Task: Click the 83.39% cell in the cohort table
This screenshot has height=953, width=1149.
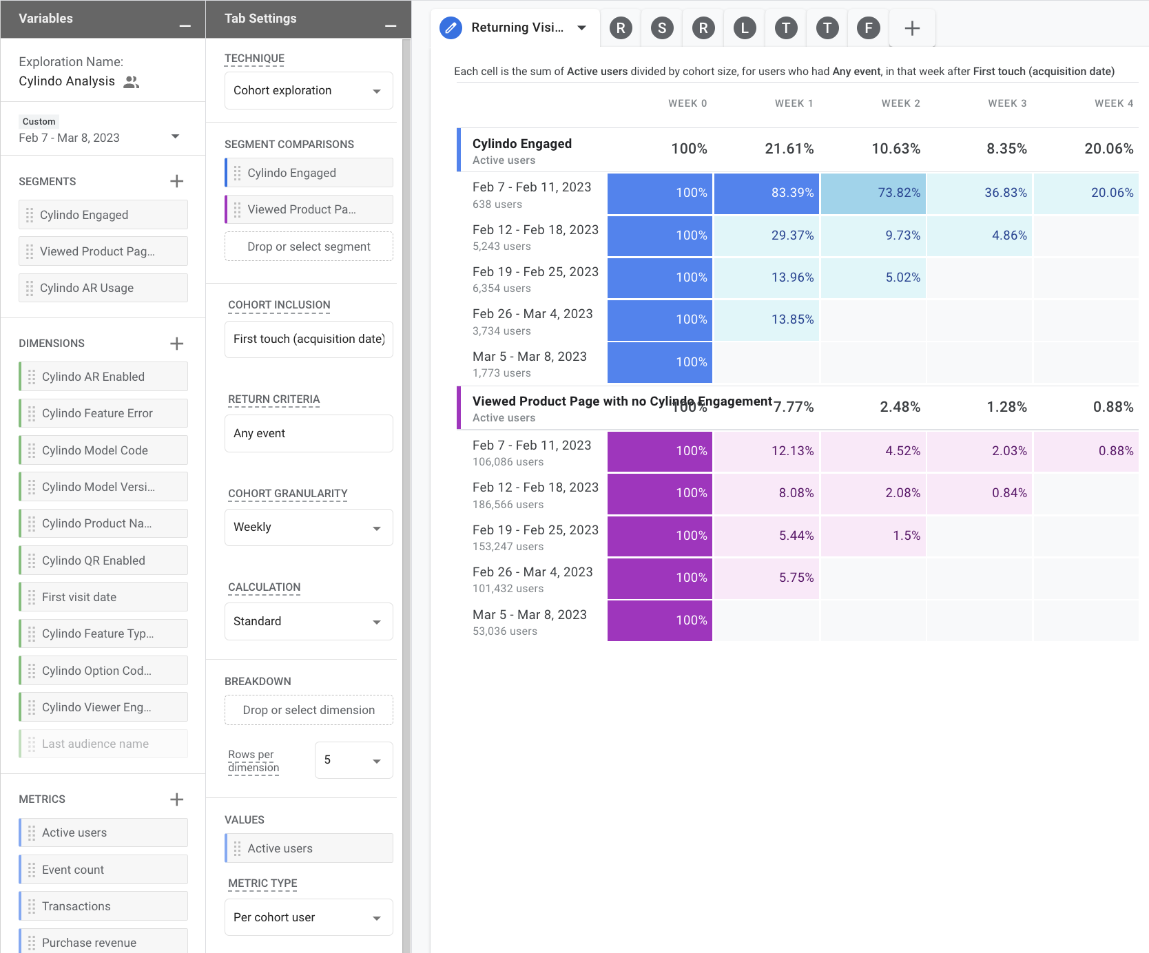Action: [766, 193]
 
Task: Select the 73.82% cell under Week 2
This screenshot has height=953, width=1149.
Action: [873, 193]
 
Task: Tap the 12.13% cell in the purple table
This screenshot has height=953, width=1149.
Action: [766, 451]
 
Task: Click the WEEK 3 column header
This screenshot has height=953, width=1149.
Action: [1006, 103]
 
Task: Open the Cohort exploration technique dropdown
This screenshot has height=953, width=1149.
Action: [308, 91]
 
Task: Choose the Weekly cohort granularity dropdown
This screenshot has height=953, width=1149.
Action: [308, 527]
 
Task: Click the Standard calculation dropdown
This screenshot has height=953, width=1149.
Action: [308, 621]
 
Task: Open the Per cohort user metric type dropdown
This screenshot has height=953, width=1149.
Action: [308, 917]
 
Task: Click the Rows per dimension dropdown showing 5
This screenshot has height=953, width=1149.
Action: [353, 760]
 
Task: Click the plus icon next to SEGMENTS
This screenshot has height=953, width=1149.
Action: [177, 181]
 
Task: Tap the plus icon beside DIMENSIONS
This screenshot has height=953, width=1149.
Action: [177, 344]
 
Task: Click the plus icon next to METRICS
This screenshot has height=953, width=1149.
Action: [177, 799]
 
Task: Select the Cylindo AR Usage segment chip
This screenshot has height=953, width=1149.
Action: [103, 288]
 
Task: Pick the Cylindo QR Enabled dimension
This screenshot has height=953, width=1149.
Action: [103, 561]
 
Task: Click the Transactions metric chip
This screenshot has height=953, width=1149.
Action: [103, 906]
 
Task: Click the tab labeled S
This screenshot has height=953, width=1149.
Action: [662, 28]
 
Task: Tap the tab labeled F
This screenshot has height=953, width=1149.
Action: [869, 28]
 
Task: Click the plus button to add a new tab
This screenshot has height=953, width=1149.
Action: [912, 28]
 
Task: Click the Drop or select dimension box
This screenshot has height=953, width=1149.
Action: [308, 710]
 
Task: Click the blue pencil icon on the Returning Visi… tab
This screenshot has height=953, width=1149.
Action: [451, 28]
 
